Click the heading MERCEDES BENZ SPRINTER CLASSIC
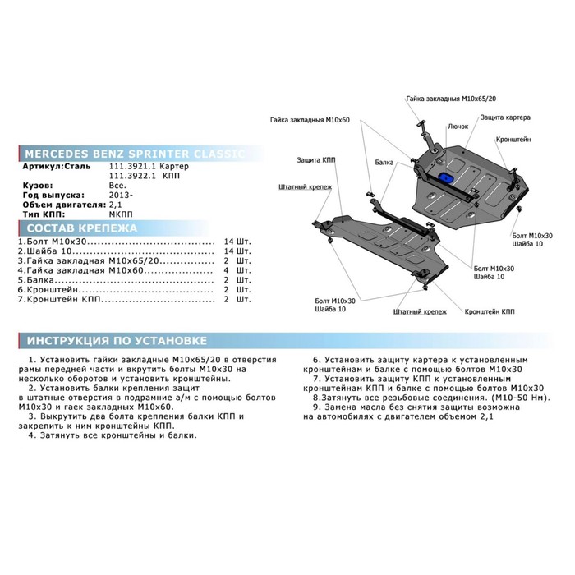point(135,154)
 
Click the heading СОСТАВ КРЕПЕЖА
point(82,228)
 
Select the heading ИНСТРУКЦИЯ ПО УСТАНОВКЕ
point(117,341)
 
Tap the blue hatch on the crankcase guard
point(446,177)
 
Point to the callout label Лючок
point(458,126)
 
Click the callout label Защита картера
point(505,117)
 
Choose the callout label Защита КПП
point(316,160)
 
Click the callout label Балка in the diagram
point(384,163)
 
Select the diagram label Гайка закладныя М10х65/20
point(451,99)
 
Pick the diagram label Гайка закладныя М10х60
point(310,120)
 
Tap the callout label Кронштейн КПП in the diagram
point(490,311)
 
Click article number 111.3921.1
point(133,166)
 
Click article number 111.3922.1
point(133,176)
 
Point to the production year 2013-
point(121,195)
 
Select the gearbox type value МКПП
point(121,214)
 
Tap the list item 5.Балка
point(36,280)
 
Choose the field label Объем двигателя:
point(65,205)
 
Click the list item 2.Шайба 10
point(45,251)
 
